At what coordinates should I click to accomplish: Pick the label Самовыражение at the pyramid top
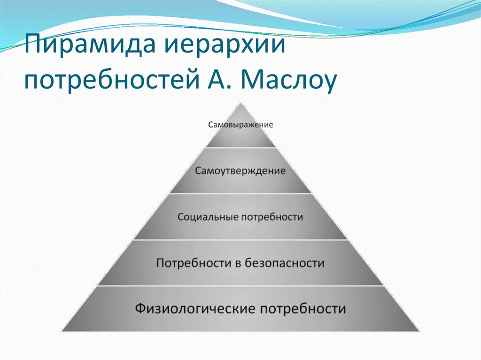240,125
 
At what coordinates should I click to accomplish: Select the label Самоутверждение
240,170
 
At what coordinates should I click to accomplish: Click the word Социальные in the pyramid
208,218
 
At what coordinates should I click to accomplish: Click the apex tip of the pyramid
240,102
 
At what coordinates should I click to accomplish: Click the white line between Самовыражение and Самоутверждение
240,148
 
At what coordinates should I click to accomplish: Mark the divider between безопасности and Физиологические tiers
240,286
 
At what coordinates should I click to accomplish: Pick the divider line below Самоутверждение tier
240,193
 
